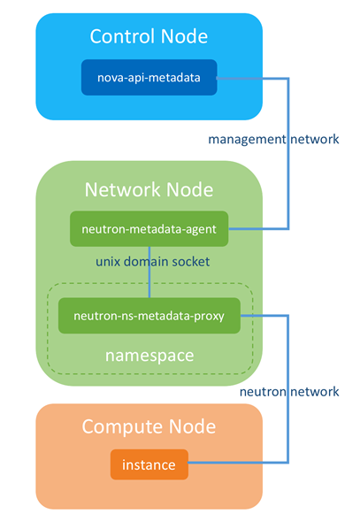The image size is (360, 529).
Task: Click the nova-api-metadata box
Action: tap(149, 78)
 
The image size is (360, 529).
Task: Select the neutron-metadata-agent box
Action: tap(149, 229)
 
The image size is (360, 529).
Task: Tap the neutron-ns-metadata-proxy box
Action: tap(149, 316)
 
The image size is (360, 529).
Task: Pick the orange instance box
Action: tap(149, 464)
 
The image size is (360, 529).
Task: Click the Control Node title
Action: tap(149, 36)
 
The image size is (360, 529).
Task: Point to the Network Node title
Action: tap(149, 189)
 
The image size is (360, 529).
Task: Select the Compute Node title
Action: tap(149, 426)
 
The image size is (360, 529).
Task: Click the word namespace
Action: tap(149, 356)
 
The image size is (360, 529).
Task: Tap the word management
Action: tap(247, 140)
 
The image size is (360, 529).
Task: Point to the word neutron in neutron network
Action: tap(263, 392)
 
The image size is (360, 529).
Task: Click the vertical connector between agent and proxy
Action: tap(149, 272)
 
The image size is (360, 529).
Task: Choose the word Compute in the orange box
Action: tap(123, 427)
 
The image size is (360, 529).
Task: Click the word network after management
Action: tap(315, 139)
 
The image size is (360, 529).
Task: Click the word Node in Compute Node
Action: tap(192, 426)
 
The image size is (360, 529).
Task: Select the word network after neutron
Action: tap(315, 392)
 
